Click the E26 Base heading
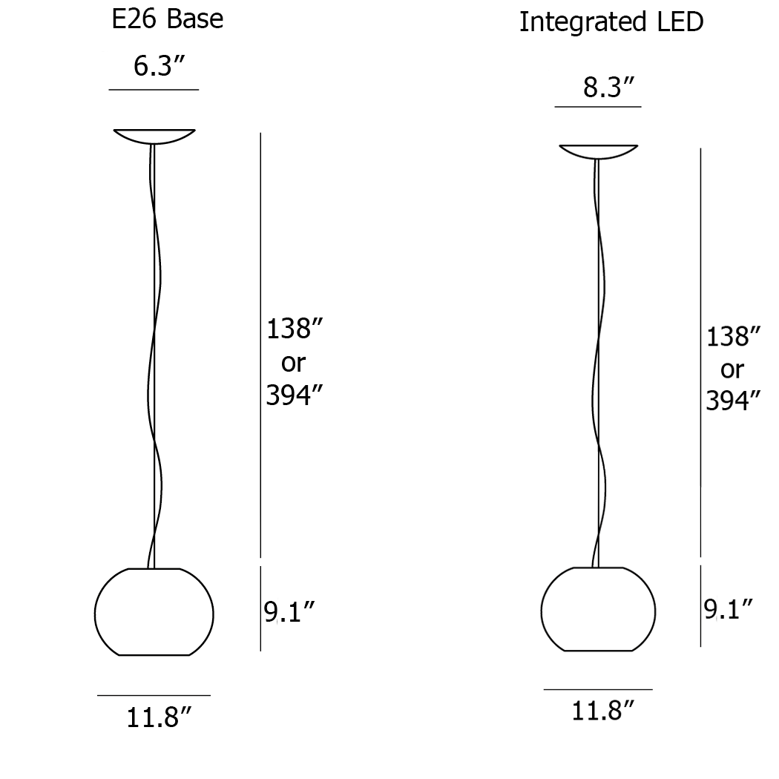coord(168,19)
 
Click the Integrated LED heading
coord(611,22)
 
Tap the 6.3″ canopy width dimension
coord(159,66)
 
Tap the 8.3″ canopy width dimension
coord(608,88)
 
